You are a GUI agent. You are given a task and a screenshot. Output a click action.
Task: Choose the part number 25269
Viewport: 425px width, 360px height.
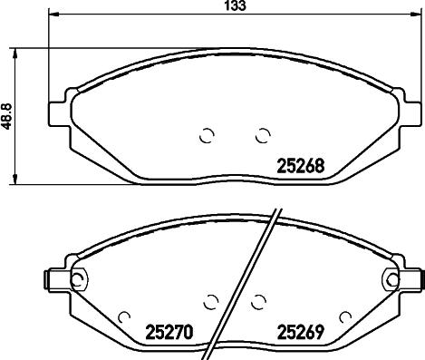click(301, 333)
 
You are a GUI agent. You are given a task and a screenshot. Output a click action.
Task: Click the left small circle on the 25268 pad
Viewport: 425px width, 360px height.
click(206, 136)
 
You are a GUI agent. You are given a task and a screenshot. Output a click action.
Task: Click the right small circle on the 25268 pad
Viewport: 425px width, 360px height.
click(263, 136)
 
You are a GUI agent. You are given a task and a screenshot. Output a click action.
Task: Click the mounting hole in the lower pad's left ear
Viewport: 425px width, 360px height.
click(77, 278)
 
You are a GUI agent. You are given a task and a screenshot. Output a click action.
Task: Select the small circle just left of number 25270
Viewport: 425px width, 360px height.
click(125, 317)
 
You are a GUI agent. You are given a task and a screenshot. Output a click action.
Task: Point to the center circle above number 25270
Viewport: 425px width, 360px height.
click(212, 301)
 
